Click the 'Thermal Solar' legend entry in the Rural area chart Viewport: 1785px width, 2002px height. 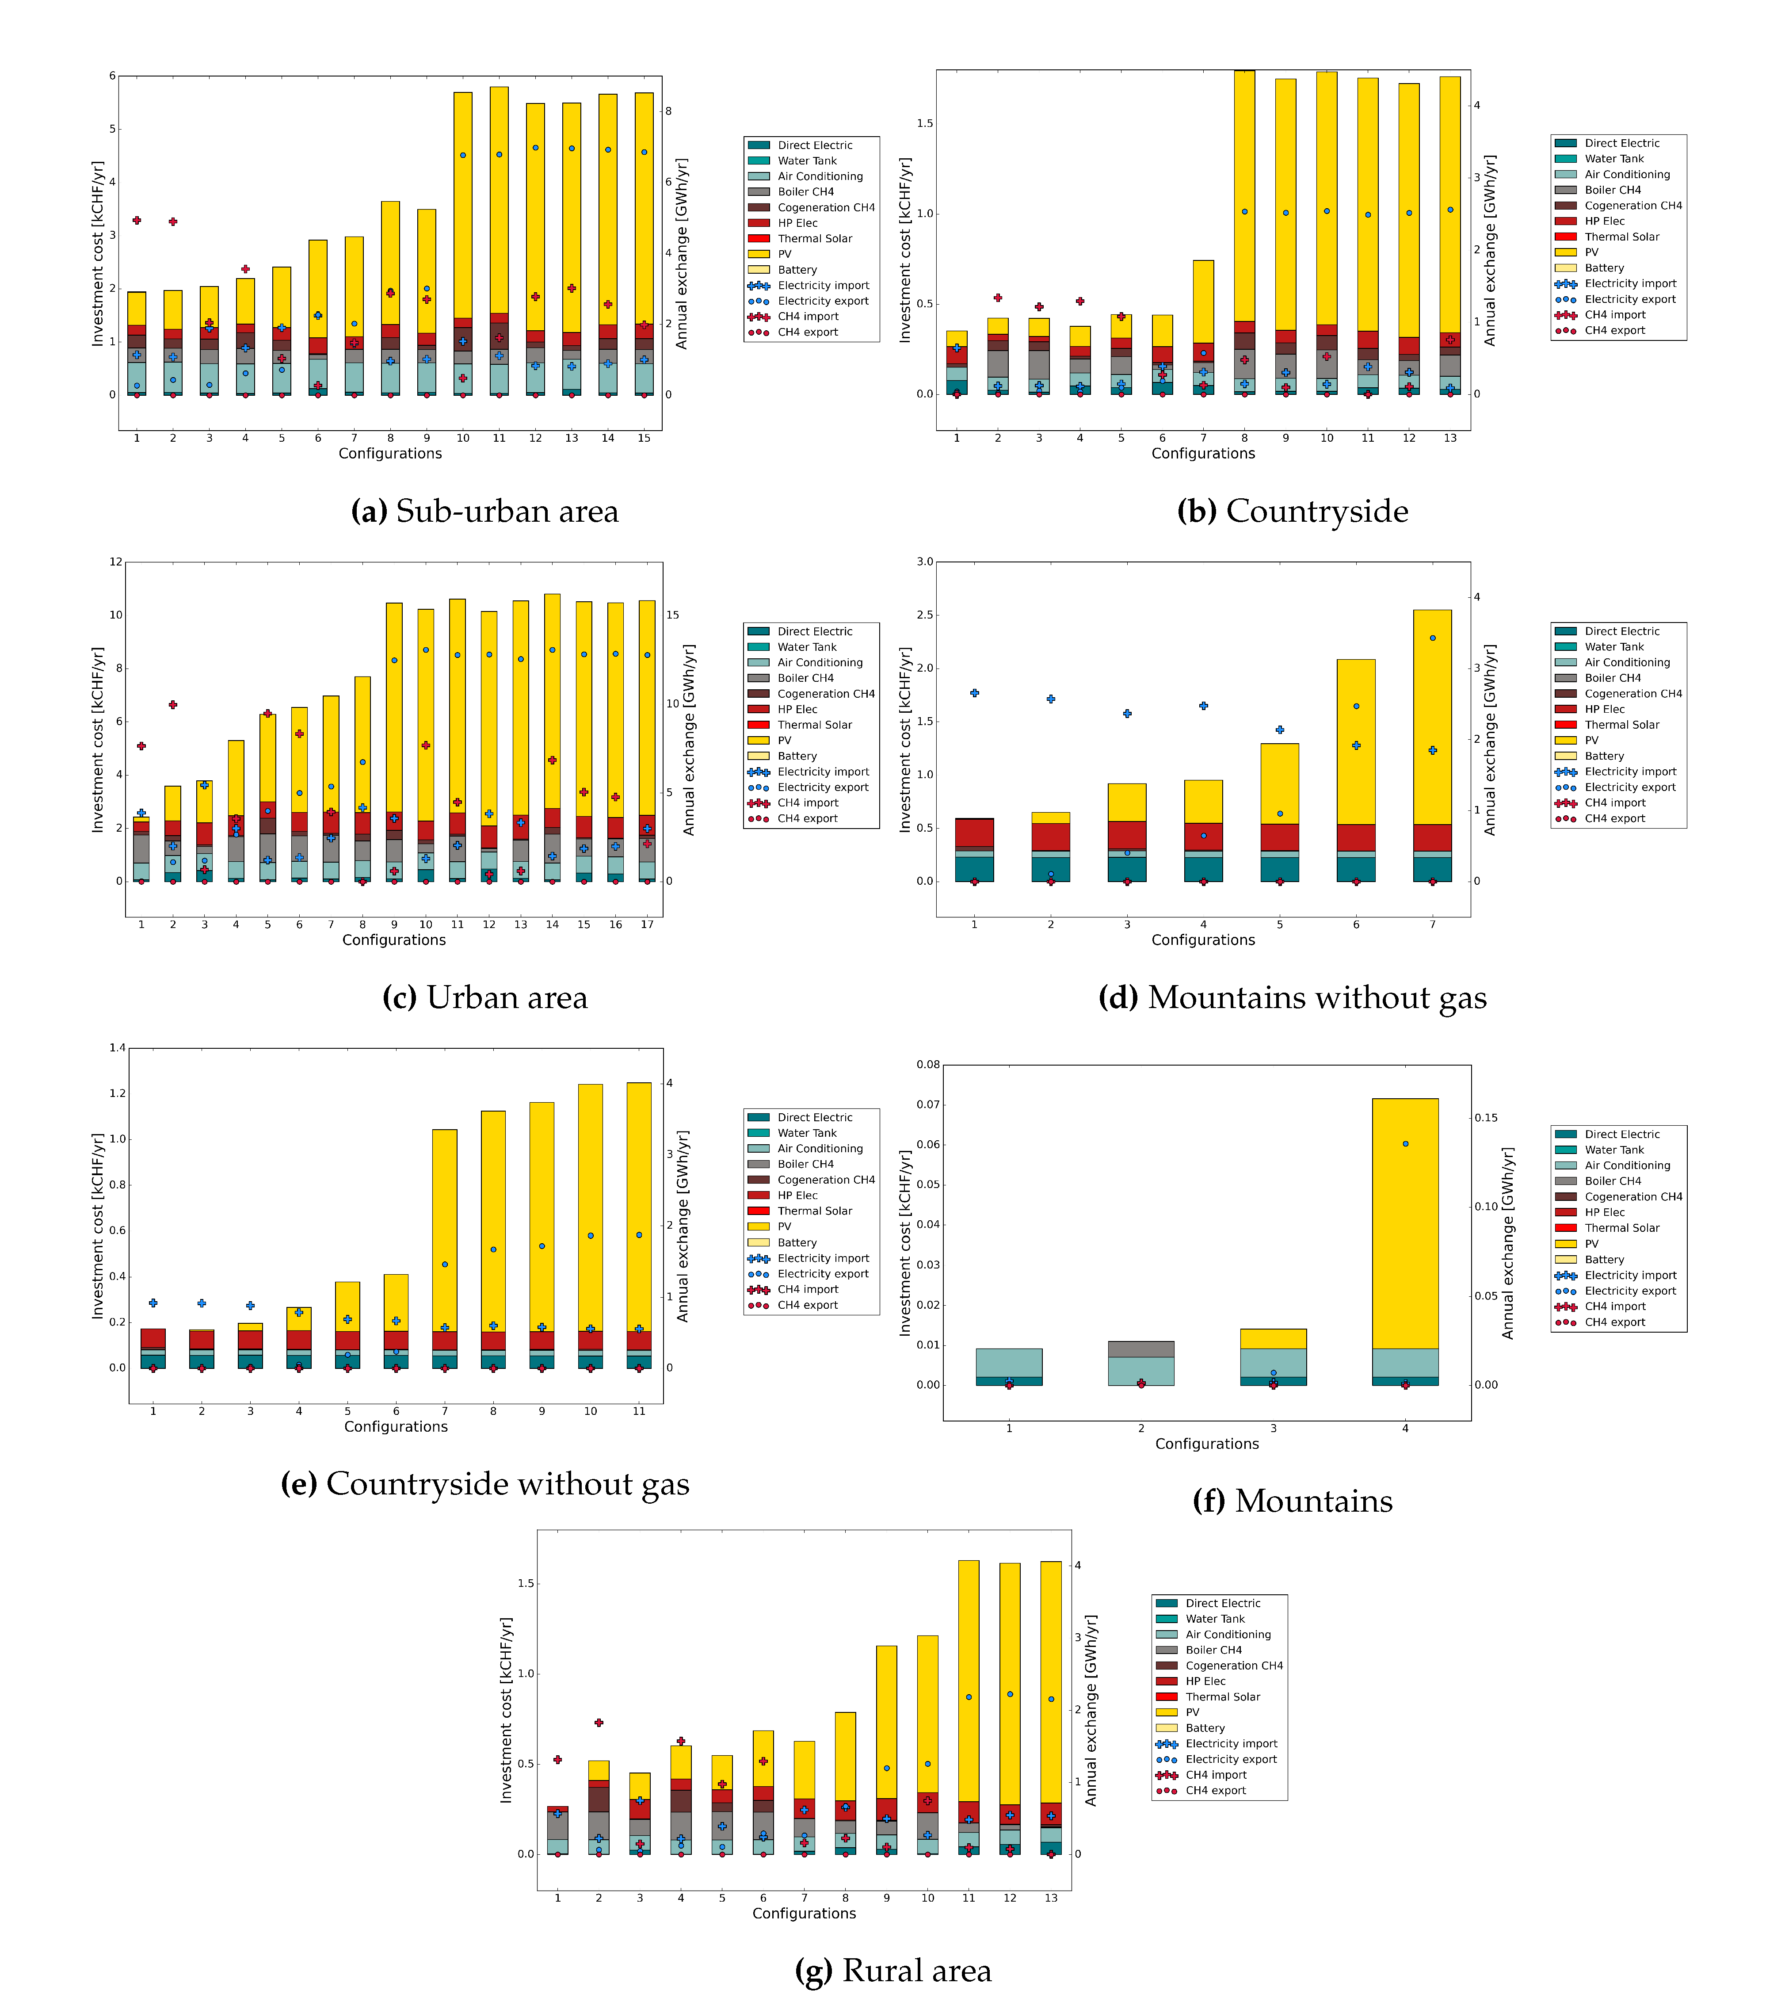pyautogui.click(x=1222, y=1697)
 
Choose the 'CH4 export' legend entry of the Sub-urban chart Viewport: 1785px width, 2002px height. pyautogui.click(x=807, y=332)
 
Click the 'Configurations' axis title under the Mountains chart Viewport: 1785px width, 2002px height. pyautogui.click(x=1206, y=1444)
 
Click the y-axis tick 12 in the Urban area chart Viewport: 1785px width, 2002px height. pyautogui.click(x=116, y=562)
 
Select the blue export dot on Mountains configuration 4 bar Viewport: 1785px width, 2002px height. pyautogui.click(x=1405, y=1144)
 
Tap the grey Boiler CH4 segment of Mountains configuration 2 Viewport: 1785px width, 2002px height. pyautogui.click(x=1140, y=1349)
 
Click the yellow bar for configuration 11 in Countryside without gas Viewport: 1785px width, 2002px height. pyautogui.click(x=638, y=1207)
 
